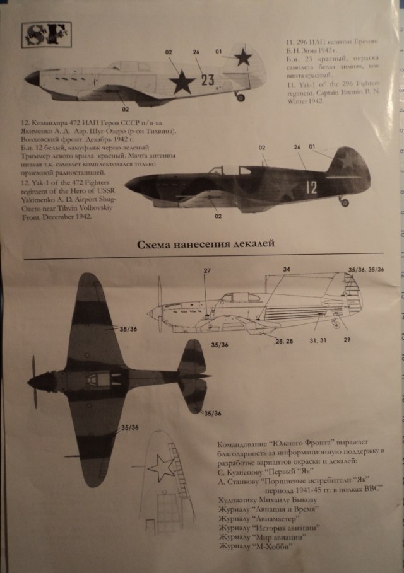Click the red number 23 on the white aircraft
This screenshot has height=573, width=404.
coord(208,80)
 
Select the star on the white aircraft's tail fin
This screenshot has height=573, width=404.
coord(243,58)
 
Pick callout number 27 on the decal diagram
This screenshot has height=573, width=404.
coord(206,271)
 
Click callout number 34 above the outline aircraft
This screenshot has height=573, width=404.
coord(287,269)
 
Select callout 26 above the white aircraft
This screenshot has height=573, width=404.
coord(196,52)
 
